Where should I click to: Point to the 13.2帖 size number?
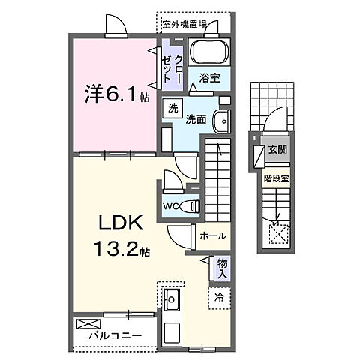pyautogui.click(x=120, y=249)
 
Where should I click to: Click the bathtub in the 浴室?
pyautogui.click(x=208, y=54)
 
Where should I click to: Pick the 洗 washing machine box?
pyautogui.click(x=173, y=106)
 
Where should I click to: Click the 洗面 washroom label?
pyautogui.click(x=196, y=118)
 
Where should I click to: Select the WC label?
pyautogui.click(x=170, y=206)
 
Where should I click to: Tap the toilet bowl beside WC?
pyautogui.click(x=191, y=205)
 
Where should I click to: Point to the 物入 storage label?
pyautogui.click(x=222, y=268)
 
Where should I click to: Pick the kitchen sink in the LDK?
pyautogui.click(x=170, y=301)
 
